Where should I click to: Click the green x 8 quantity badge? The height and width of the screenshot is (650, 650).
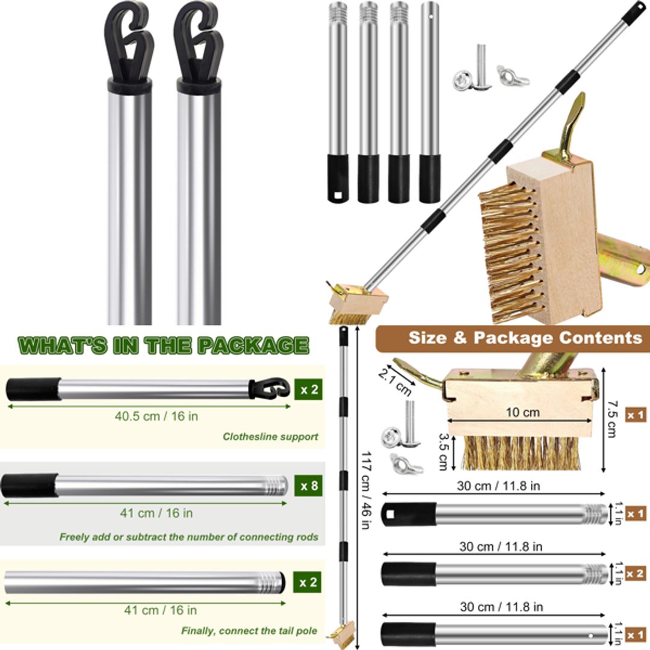click(x=308, y=485)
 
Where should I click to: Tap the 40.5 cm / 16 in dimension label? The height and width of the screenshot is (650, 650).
click(x=156, y=416)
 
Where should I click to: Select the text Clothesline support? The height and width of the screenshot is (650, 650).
click(x=270, y=437)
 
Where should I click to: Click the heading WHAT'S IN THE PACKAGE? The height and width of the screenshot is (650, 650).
click(x=163, y=345)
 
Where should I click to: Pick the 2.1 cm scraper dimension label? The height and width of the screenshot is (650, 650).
click(x=394, y=382)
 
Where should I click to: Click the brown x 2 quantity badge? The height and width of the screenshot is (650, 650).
click(x=636, y=574)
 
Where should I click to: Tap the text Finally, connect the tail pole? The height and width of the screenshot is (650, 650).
click(x=250, y=631)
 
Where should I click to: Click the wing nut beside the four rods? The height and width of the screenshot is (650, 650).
click(x=512, y=76)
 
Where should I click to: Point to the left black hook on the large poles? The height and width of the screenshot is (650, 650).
click(x=129, y=42)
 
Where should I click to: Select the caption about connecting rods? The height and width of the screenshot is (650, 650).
click(x=188, y=537)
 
